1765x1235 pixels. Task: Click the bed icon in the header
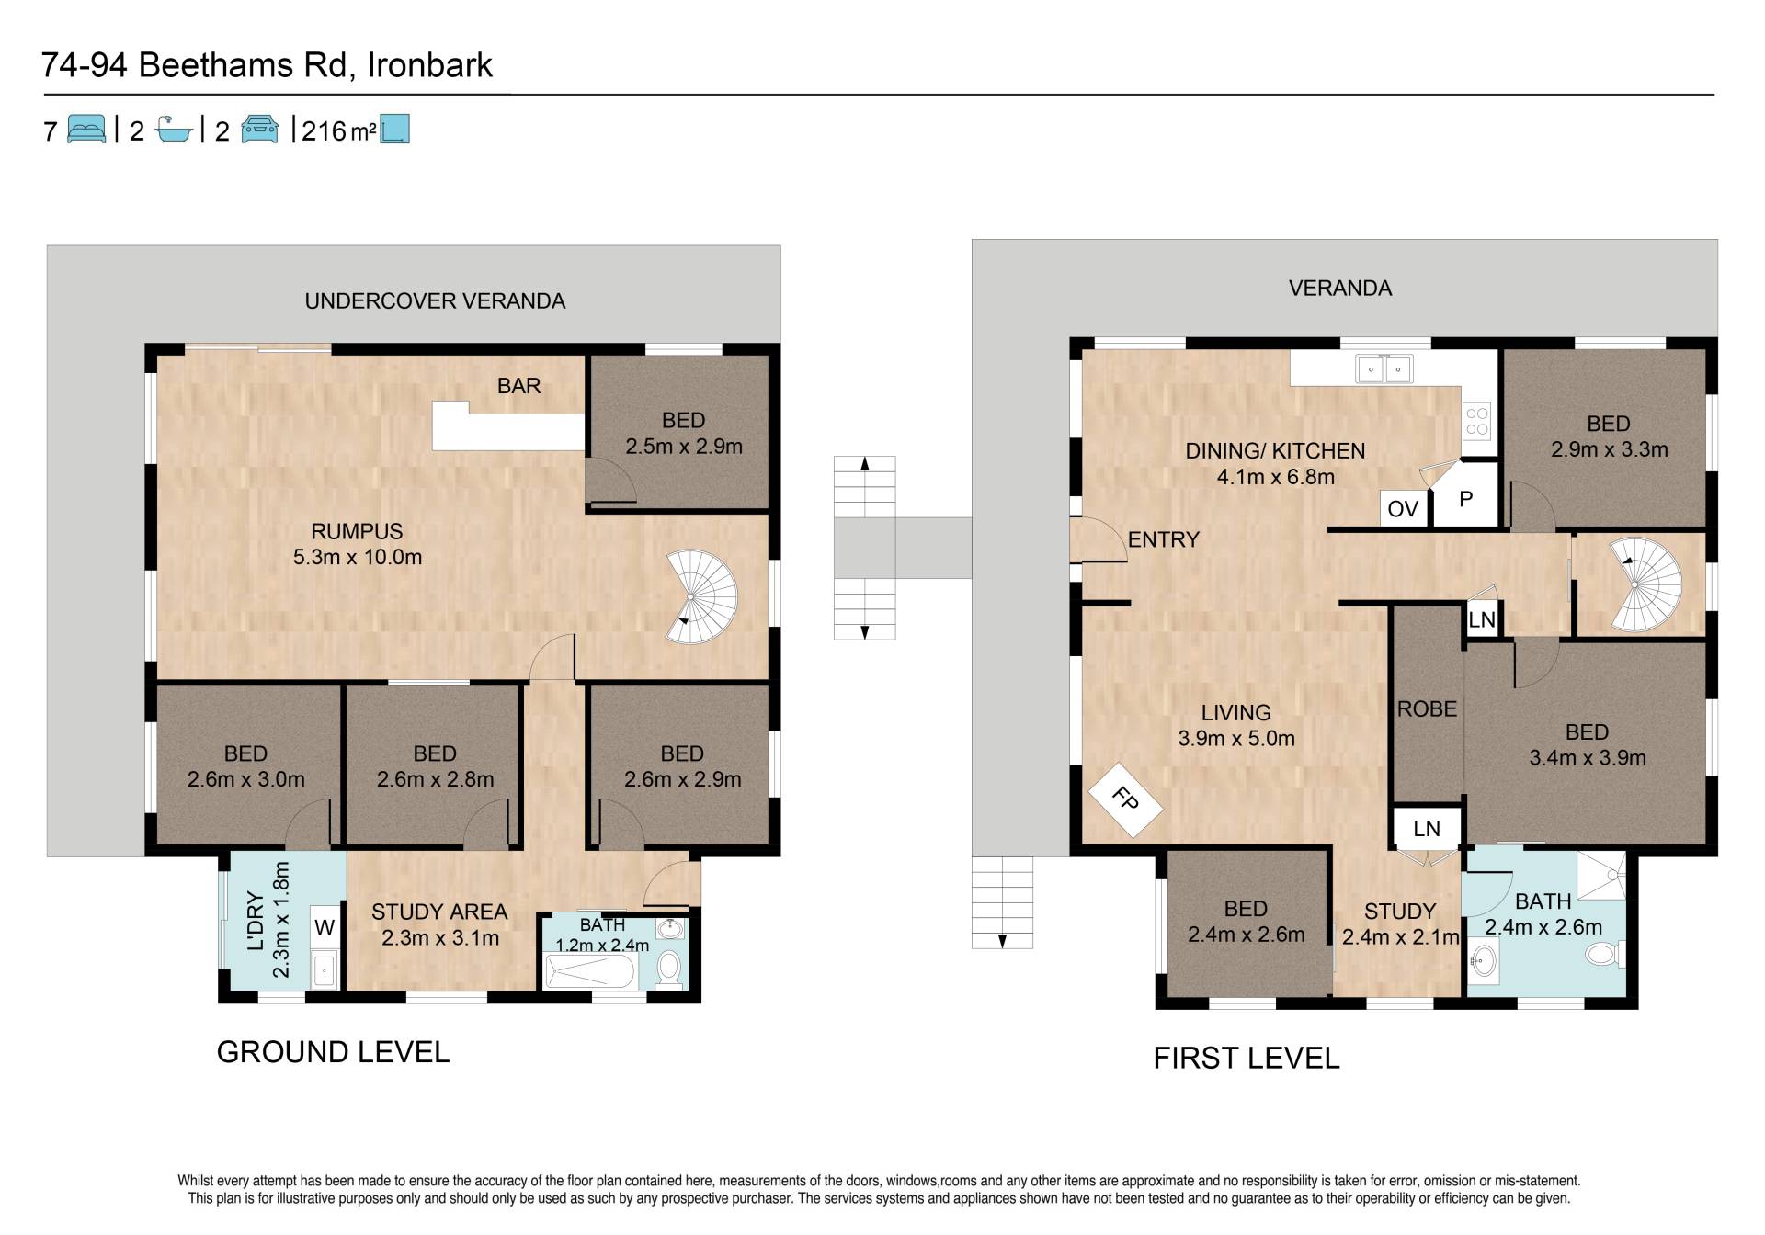[86, 130]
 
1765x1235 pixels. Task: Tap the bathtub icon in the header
[174, 130]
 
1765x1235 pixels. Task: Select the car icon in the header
[259, 130]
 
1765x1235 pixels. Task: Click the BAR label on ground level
[518, 386]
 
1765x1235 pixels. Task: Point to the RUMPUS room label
[357, 531]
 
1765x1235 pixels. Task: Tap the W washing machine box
[324, 928]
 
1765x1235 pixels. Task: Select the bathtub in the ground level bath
[590, 970]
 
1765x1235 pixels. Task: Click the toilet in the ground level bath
[669, 967]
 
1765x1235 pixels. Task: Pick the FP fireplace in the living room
[1124, 799]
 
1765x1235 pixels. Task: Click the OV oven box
[1403, 508]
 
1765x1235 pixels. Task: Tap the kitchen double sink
[1384, 369]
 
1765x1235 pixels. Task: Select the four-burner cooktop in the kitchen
[1476, 422]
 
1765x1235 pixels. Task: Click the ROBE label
[1427, 709]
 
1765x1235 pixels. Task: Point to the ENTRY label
[1164, 539]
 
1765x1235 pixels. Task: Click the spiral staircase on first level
[1646, 584]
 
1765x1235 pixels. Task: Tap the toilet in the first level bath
[1604, 956]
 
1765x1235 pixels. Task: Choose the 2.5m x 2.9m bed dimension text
[684, 447]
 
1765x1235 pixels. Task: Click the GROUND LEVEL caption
[333, 1052]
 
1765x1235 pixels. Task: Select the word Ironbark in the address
[430, 65]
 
